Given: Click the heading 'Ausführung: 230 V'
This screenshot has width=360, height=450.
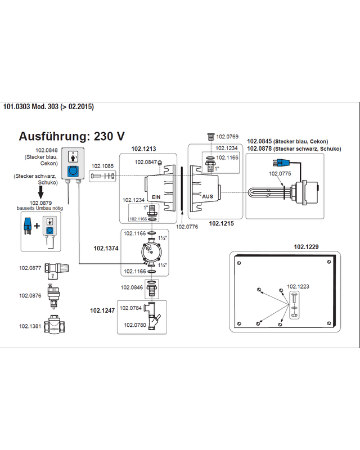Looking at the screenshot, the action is (x=72, y=136).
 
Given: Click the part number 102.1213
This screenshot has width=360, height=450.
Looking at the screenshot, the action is (x=143, y=148).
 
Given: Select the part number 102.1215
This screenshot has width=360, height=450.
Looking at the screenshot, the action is (x=221, y=223).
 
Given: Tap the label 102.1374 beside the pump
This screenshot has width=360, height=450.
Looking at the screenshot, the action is (x=106, y=248).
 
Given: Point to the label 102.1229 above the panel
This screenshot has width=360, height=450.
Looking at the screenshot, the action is (x=306, y=246).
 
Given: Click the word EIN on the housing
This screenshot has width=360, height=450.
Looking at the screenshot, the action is (x=156, y=197).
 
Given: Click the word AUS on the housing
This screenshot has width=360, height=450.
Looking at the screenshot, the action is (x=208, y=196).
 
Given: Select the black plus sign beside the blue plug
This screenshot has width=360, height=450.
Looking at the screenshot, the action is (x=37, y=226).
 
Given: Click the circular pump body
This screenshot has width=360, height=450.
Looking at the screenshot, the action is (x=151, y=251).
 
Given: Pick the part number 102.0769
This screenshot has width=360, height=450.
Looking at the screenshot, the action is (x=227, y=137).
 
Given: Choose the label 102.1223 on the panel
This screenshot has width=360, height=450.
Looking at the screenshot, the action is (x=298, y=286).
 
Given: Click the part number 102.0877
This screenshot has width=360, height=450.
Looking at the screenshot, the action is (x=30, y=268).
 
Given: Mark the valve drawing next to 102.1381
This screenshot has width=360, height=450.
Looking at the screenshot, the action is (x=54, y=325).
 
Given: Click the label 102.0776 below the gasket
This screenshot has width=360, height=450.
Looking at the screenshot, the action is (x=187, y=227).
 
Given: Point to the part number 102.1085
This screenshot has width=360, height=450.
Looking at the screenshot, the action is (x=102, y=166).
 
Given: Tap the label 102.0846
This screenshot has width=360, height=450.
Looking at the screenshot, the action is (x=132, y=287).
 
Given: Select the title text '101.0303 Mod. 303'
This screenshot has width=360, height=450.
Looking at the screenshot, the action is (x=31, y=107).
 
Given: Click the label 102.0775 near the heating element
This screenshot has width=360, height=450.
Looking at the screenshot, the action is (x=280, y=173).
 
